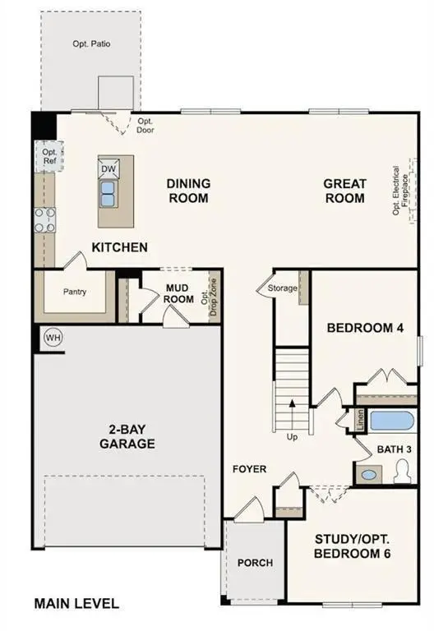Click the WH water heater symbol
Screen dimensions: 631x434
coord(53,338)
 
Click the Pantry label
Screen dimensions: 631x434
coord(75,292)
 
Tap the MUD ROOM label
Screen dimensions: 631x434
coord(178,293)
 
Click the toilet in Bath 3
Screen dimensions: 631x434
coord(402,471)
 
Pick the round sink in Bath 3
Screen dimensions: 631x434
coord(369,474)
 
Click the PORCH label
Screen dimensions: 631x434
coord(255,563)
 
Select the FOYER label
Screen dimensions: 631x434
coord(249,469)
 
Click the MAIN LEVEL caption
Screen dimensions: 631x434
coord(76,604)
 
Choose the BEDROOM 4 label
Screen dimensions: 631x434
coord(365,328)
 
